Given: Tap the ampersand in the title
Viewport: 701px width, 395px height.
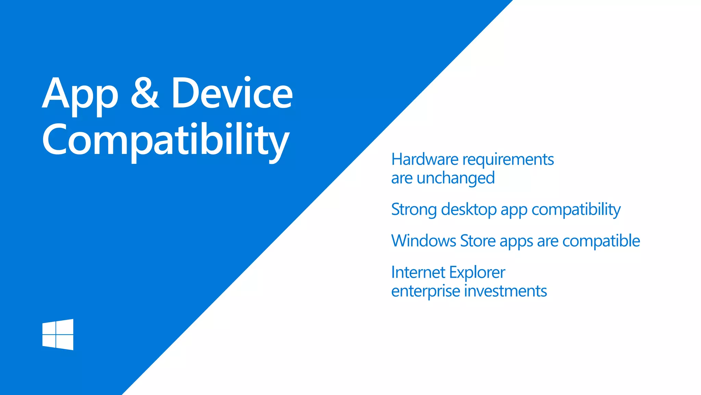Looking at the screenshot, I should pos(145,93).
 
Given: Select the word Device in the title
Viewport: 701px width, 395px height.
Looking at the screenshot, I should pos(232,93).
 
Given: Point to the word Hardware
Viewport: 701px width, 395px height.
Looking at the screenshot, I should pos(425,159).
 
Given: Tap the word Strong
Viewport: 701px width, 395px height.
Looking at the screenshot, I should pos(414,210).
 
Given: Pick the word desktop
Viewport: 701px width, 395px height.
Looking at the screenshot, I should pos(469,210).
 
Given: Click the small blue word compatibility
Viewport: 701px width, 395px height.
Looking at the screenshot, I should pos(576,210).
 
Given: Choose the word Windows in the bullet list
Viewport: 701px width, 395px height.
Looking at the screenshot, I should pos(424,241).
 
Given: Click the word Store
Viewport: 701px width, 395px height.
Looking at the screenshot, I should pos(478,241).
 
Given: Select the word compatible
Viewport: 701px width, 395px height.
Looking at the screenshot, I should pos(601,241).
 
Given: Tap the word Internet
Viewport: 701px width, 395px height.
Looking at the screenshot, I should pos(418,273).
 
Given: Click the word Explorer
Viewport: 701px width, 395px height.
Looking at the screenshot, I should pos(477,273).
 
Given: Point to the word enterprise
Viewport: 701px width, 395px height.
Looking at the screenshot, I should pos(425,291).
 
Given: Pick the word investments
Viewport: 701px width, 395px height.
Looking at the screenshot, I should pos(506,291).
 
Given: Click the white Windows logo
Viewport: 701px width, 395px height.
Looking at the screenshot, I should pos(58,334).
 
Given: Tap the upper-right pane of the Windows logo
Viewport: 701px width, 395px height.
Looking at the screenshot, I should pos(65,326).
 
